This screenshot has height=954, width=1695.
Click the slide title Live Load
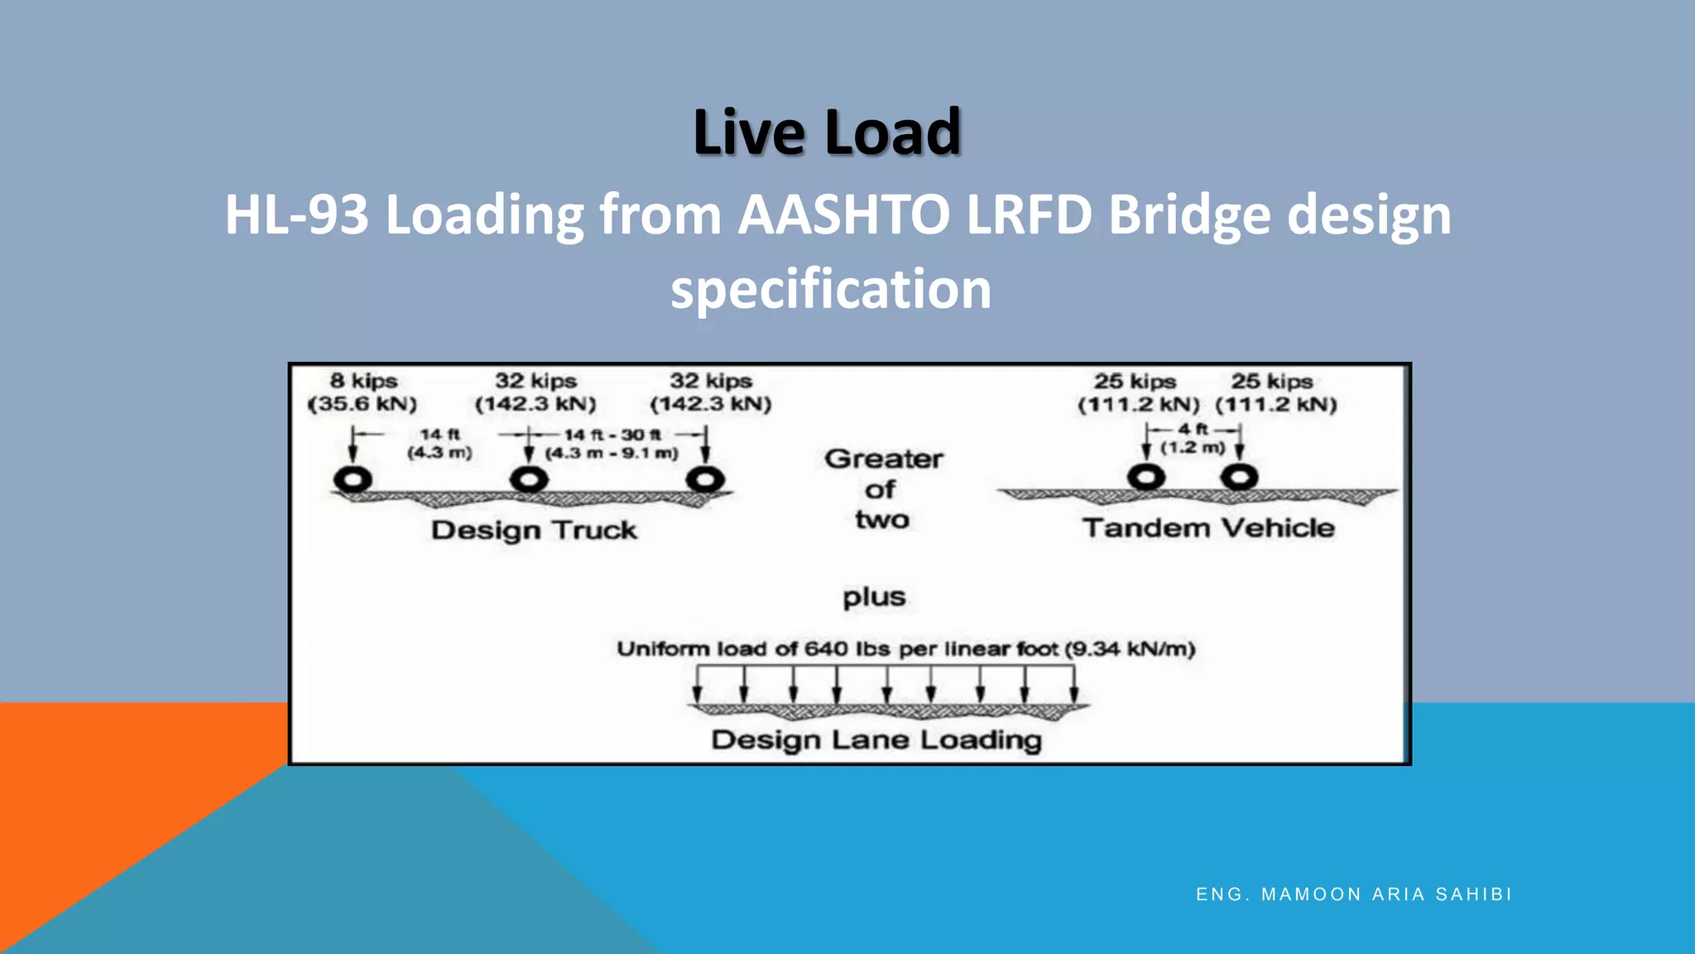[x=827, y=132]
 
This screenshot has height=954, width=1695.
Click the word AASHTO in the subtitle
[x=843, y=215]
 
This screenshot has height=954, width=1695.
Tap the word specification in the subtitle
[x=830, y=290]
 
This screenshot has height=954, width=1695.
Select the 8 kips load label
[x=363, y=381]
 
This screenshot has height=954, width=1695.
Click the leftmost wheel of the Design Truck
[x=353, y=479]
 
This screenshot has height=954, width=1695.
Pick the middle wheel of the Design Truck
[x=529, y=479]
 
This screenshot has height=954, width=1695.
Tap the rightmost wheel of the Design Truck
[x=705, y=479]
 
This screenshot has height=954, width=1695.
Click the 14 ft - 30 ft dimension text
[x=612, y=435]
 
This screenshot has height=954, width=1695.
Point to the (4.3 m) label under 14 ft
[x=439, y=453]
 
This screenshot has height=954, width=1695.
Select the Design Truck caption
[x=534, y=530]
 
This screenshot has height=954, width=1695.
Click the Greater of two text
[x=882, y=489]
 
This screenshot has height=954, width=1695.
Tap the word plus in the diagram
[x=874, y=597]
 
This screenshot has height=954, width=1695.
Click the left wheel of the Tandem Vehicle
[x=1146, y=477]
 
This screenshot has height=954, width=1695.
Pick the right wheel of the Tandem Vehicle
[x=1239, y=477]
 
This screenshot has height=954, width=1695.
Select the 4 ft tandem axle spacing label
[x=1193, y=429]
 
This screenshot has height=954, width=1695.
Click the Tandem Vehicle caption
[x=1208, y=528]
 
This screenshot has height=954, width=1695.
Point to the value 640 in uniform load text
[x=826, y=648]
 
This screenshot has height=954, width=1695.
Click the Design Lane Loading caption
[x=876, y=740]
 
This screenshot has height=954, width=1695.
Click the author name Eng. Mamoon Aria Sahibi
[x=1354, y=894]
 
